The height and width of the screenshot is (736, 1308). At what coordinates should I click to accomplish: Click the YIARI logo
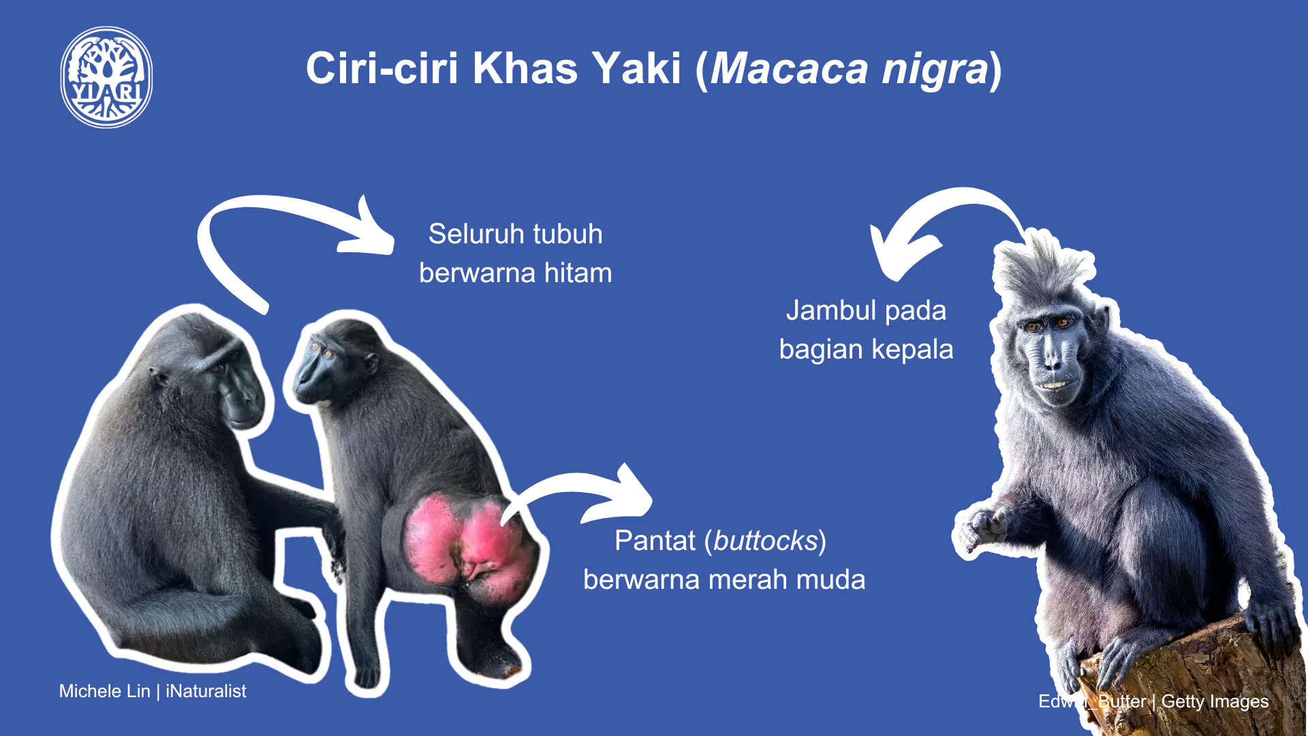106,77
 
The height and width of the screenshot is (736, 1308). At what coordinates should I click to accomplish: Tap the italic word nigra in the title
935,70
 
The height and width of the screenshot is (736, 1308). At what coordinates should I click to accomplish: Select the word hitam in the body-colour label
578,273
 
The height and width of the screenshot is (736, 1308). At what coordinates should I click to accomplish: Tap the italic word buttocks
765,541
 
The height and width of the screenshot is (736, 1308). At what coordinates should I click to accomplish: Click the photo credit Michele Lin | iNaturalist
153,691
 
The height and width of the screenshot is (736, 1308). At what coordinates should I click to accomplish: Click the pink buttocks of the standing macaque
470,545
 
